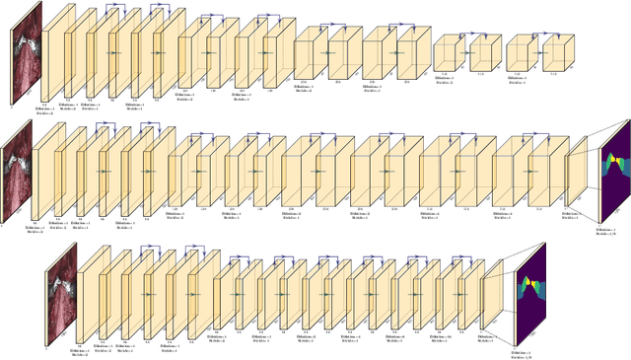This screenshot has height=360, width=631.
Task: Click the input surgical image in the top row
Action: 29,51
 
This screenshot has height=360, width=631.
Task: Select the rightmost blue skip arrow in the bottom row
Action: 460,256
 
